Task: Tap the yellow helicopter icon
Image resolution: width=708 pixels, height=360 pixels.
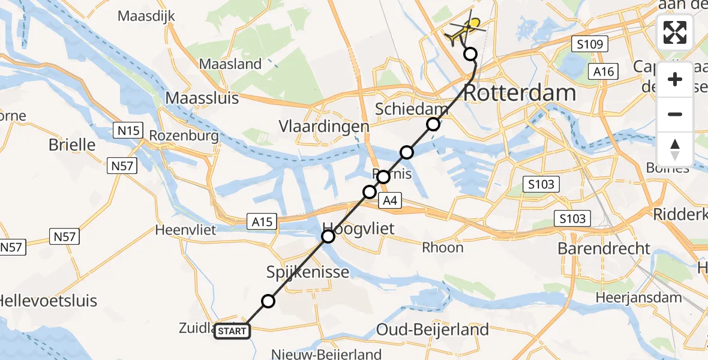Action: pyautogui.click(x=466, y=29)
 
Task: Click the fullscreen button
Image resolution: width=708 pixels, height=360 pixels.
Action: pyautogui.click(x=675, y=32)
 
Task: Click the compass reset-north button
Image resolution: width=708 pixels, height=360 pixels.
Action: pyautogui.click(x=675, y=149)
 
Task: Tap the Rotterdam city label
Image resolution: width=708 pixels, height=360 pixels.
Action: pyautogui.click(x=520, y=93)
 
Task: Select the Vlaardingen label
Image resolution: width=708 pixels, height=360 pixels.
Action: pyautogui.click(x=324, y=127)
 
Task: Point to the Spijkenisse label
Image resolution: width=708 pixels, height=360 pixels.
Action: pyautogui.click(x=308, y=272)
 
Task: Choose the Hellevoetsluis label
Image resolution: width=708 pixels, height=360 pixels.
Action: pyautogui.click(x=49, y=301)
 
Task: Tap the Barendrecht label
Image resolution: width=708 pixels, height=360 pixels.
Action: pyautogui.click(x=604, y=248)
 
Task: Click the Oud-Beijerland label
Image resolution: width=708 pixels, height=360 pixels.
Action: pyautogui.click(x=432, y=329)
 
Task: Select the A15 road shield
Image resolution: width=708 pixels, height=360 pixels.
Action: pyautogui.click(x=262, y=222)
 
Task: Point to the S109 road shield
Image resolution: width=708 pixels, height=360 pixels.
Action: pyautogui.click(x=590, y=44)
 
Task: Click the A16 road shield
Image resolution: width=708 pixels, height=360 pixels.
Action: pyautogui.click(x=604, y=72)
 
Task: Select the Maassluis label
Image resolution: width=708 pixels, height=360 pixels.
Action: pyautogui.click(x=202, y=97)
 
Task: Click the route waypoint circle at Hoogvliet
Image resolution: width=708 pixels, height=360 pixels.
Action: pyautogui.click(x=328, y=236)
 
